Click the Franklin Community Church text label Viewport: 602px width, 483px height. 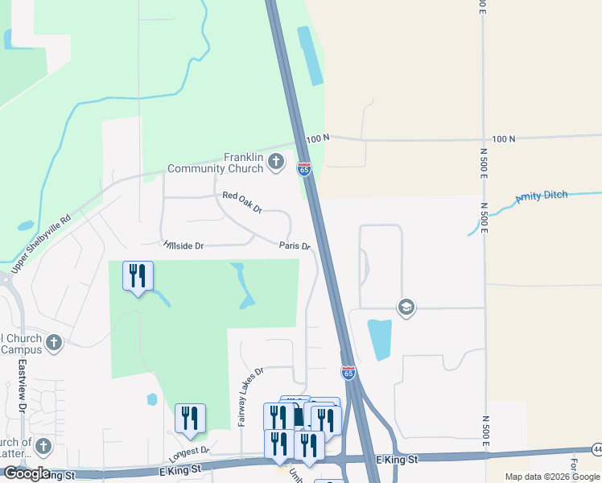tap(215, 163)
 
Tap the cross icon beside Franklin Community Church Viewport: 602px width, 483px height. tap(276, 162)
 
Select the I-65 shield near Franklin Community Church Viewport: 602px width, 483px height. tap(303, 169)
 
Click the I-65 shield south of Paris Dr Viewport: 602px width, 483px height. tap(348, 374)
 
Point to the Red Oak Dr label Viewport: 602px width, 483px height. tap(242, 202)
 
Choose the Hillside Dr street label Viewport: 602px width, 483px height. tap(183, 244)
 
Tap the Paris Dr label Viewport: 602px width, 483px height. tap(295, 246)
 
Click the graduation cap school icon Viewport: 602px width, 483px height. tap(406, 307)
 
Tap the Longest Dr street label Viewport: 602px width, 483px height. tap(189, 452)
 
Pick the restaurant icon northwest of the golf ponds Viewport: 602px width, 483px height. tap(138, 276)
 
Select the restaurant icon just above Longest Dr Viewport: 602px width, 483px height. tap(190, 418)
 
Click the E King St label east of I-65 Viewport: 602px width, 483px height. tap(398, 459)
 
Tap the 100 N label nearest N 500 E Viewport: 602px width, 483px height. tap(503, 139)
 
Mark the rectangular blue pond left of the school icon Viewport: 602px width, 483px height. tap(379, 339)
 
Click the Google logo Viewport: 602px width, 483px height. tap(27, 473)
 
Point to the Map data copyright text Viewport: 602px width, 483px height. tap(552, 477)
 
